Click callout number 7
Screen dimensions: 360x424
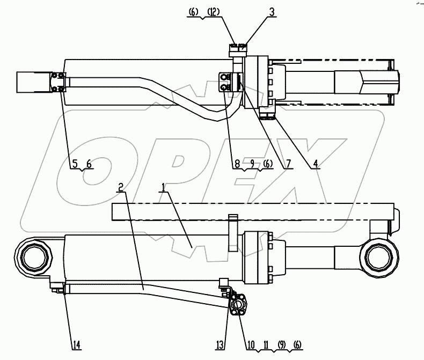[289, 164]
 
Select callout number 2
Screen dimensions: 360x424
[121, 187]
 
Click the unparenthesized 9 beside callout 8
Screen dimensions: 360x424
[251, 164]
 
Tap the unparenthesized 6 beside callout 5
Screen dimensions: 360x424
[89, 164]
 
